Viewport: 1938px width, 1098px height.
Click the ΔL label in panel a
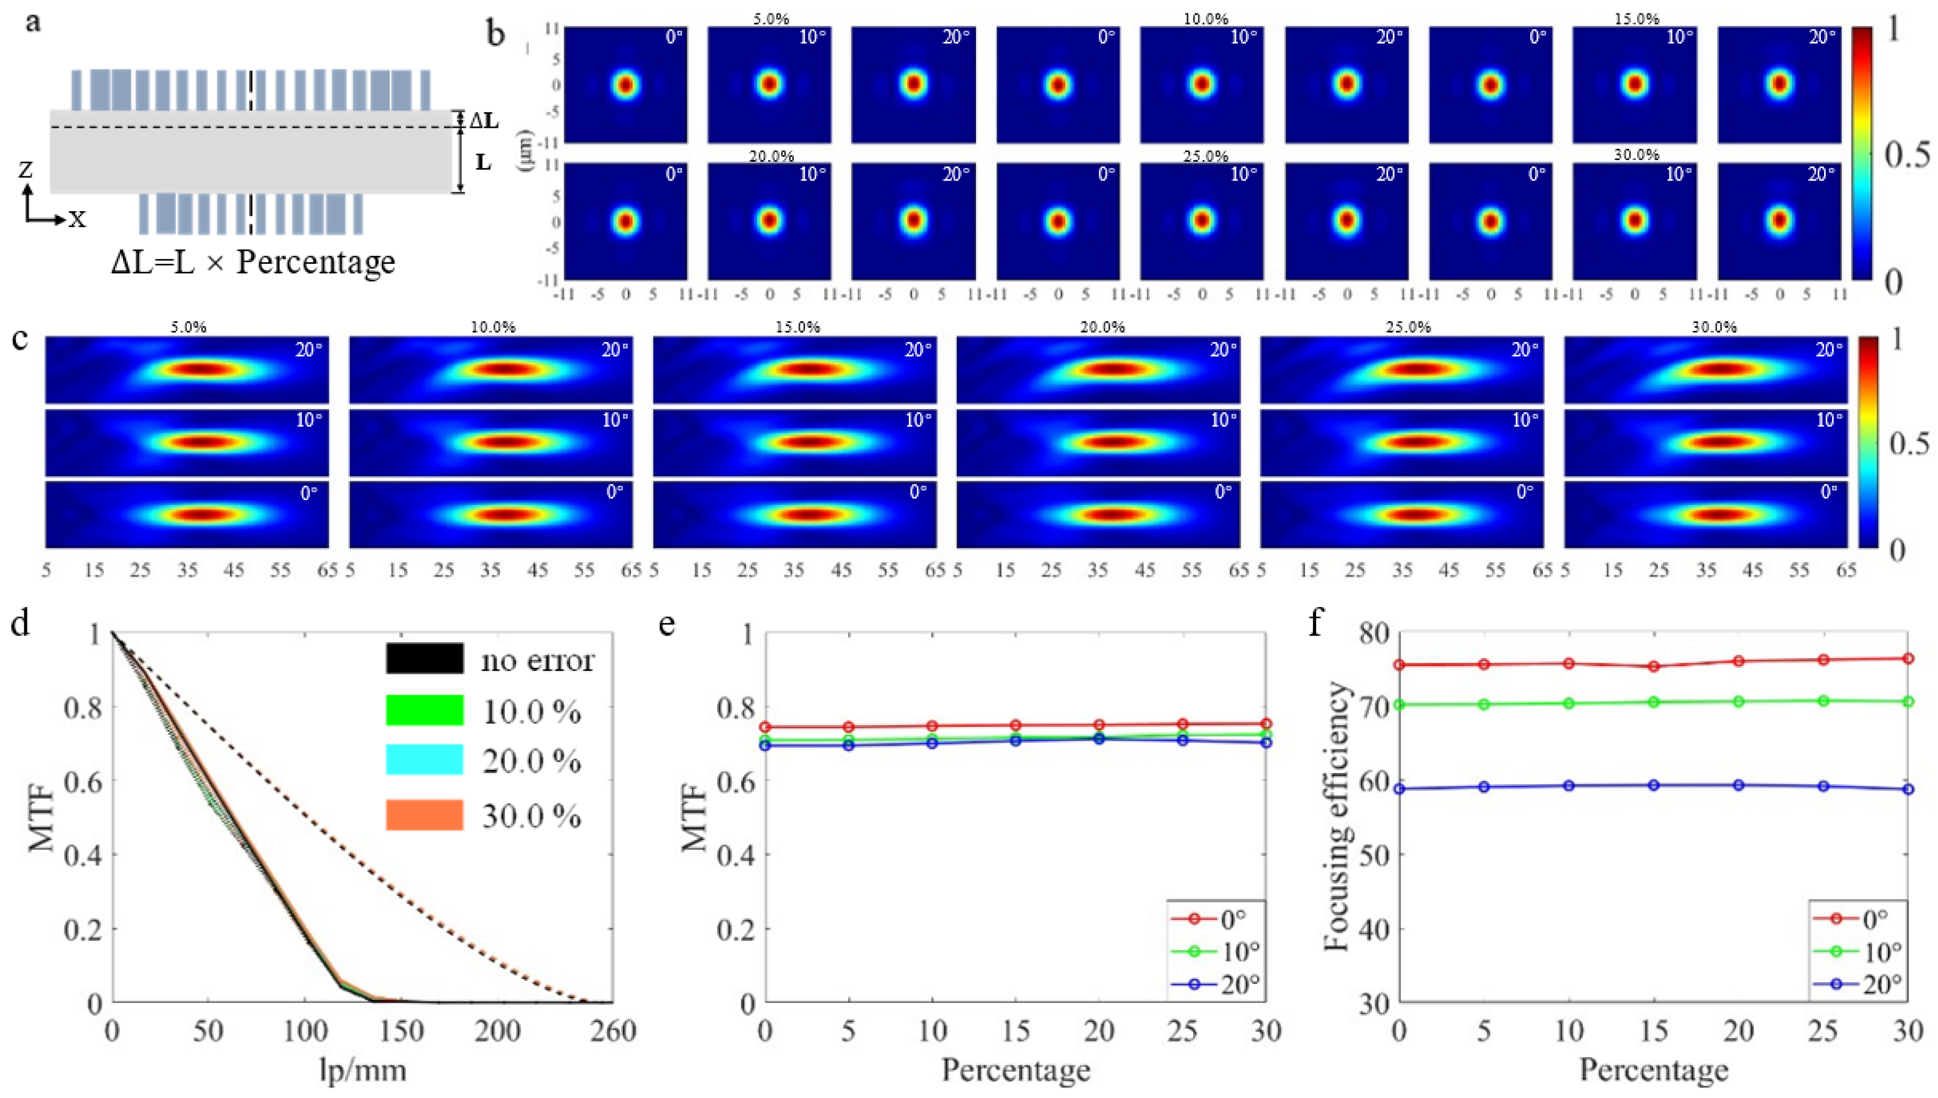(484, 120)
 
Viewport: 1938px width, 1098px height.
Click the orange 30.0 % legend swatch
(424, 815)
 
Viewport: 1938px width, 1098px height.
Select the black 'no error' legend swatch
(424, 659)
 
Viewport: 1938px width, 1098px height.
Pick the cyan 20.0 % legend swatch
(424, 760)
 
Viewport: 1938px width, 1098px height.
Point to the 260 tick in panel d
(613, 1030)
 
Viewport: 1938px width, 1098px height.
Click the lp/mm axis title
(363, 1070)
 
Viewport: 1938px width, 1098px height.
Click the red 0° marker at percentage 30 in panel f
(1908, 659)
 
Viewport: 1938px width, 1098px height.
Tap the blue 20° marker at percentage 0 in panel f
(1399, 789)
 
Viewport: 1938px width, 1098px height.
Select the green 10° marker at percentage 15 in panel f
(1654, 702)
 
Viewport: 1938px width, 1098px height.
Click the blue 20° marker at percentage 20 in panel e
(1099, 739)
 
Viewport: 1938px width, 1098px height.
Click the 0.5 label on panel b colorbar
(1907, 155)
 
